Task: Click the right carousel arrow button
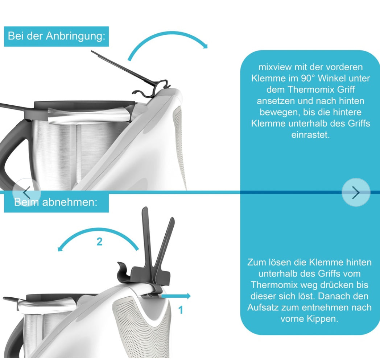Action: [356, 192]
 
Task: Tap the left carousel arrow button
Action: [27, 192]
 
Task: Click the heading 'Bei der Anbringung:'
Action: [57, 36]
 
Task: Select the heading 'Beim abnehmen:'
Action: [55, 202]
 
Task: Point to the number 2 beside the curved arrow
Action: [99, 242]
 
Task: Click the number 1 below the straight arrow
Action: [180, 310]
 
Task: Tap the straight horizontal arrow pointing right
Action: [176, 296]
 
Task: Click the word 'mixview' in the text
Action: [274, 67]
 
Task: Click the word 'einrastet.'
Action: [310, 135]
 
